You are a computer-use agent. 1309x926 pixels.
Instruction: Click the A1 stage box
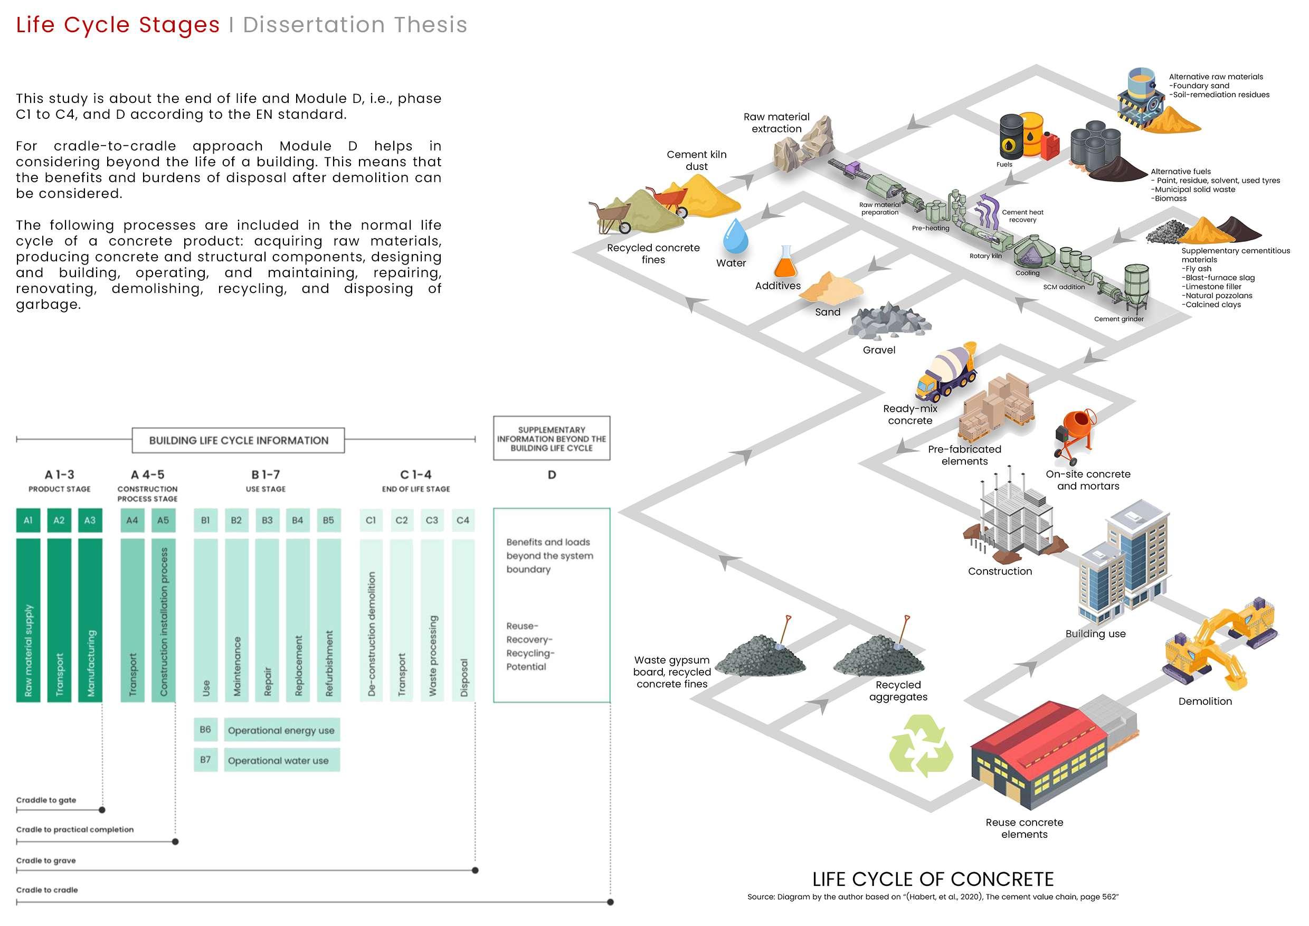tap(28, 520)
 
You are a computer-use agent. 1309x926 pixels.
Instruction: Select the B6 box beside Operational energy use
tap(205, 729)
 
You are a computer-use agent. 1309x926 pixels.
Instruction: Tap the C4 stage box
tap(462, 520)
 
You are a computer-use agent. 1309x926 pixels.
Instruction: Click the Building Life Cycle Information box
tap(238, 440)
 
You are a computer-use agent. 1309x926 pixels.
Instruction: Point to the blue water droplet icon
tap(735, 236)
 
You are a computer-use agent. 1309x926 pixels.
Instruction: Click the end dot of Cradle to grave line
tap(476, 870)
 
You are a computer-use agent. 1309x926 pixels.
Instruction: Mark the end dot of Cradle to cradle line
tap(611, 902)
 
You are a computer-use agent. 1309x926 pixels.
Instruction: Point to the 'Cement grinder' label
tap(1118, 319)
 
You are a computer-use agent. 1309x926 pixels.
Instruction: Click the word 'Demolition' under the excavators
tap(1204, 701)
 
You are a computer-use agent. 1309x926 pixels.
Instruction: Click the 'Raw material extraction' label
tap(776, 122)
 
